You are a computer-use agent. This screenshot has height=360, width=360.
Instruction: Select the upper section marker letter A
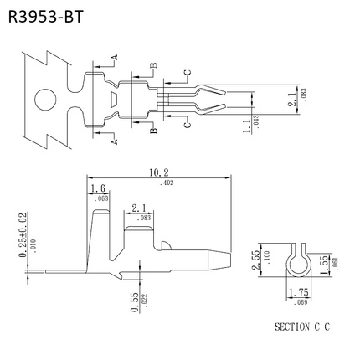point(115,57)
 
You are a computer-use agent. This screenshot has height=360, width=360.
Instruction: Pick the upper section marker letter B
point(153,66)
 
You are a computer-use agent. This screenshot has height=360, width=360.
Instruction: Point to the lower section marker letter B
point(153,131)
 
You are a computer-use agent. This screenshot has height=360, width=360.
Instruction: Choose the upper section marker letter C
point(187,74)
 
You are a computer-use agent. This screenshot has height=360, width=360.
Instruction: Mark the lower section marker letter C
point(187,123)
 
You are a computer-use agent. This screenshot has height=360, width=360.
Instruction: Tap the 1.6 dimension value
point(98,189)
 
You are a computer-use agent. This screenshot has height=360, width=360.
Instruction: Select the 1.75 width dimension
point(296,292)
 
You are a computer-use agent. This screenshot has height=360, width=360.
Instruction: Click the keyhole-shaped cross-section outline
point(296,260)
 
